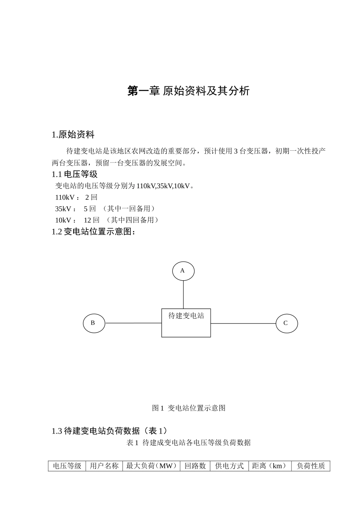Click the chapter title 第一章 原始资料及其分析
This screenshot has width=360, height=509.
pos(188,91)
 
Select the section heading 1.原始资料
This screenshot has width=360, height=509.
pos(73,135)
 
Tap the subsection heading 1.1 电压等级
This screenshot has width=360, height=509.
pos(75,174)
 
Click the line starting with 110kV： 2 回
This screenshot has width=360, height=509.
pos(76,197)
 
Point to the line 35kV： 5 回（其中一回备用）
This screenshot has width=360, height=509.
pos(105,209)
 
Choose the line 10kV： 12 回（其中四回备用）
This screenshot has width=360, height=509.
pos(106,220)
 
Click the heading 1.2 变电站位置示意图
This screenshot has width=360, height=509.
pos(94,232)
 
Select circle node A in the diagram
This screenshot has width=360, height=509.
pos(183,271)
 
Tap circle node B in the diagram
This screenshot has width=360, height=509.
pos(94,323)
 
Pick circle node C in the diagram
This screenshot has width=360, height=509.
pos(286,323)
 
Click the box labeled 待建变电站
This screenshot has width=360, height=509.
pos(186,323)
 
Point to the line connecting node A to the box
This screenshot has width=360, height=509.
pos(183,295)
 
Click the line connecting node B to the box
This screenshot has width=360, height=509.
pos(133,323)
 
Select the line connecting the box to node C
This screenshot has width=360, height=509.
pos(243,323)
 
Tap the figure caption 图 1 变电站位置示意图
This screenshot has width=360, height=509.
pos(189,408)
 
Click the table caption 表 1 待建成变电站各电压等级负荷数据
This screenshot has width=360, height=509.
pos(188,442)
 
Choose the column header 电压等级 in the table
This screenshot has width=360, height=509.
pos(67,466)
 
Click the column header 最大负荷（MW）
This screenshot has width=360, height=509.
pos(151,466)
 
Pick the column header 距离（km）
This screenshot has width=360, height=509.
pos(270,466)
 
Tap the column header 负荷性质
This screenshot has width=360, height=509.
pos(311,466)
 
